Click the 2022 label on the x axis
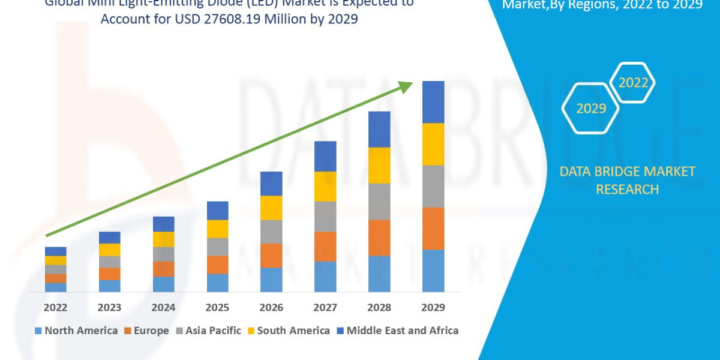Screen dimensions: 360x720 coord(55,307)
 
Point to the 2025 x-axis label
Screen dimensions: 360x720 coord(217,307)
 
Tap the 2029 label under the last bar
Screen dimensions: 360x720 coord(433,307)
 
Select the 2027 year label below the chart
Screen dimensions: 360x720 coord(325,307)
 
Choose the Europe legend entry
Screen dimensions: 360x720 coord(146,331)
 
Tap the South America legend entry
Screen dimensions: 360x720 coord(288,331)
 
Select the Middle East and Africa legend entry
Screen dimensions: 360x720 coord(397,331)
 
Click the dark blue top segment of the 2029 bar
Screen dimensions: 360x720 coord(433,102)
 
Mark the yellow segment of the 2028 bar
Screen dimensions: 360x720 coord(379,165)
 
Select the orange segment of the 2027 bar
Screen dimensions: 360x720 coord(325,246)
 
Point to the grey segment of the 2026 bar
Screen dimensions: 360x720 coord(271,232)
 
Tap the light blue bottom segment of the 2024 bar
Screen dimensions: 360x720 coord(163,284)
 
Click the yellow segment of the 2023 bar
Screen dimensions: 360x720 coord(109,250)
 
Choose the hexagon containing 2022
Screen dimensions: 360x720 coord(632,83)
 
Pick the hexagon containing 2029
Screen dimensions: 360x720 coord(590,109)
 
